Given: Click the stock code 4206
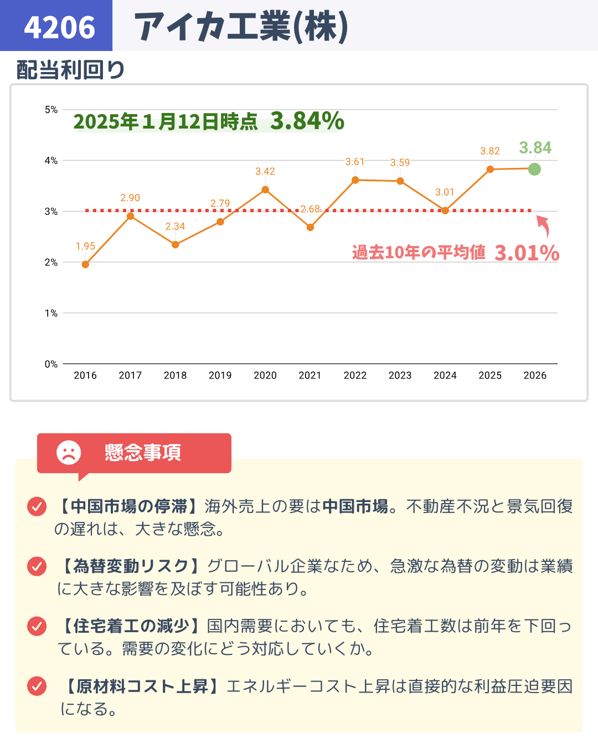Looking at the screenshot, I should pyautogui.click(x=59, y=27).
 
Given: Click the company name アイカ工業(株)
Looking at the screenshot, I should pyautogui.click(x=241, y=27).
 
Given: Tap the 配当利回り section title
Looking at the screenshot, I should pyautogui.click(x=70, y=70).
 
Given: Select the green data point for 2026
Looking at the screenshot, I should pyautogui.click(x=534, y=169).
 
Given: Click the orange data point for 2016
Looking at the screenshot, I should pyautogui.click(x=85, y=264).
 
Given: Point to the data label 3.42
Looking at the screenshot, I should pyautogui.click(x=265, y=171).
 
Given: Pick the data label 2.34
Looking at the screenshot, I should pyautogui.click(x=175, y=226).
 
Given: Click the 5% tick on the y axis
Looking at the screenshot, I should pyautogui.click(x=51, y=110).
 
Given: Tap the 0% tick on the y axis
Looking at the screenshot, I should pyautogui.click(x=51, y=364).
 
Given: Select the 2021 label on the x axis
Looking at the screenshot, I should pyautogui.click(x=310, y=375).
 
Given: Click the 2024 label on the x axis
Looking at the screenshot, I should pyautogui.click(x=445, y=375).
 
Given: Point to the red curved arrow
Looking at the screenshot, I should pyautogui.click(x=543, y=226).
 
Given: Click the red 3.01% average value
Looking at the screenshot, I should pyautogui.click(x=527, y=253).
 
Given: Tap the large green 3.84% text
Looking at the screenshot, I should pyautogui.click(x=307, y=121).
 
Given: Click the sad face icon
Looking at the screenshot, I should pyautogui.click(x=69, y=453).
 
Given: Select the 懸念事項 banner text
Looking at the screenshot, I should pyautogui.click(x=143, y=453).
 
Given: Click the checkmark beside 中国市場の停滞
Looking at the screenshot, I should pyautogui.click(x=37, y=506).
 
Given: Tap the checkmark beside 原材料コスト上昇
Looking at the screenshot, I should pyautogui.click(x=37, y=686).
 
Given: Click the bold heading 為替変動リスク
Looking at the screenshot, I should pyautogui.click(x=131, y=566).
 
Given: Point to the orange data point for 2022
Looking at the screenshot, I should pyautogui.click(x=355, y=180).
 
